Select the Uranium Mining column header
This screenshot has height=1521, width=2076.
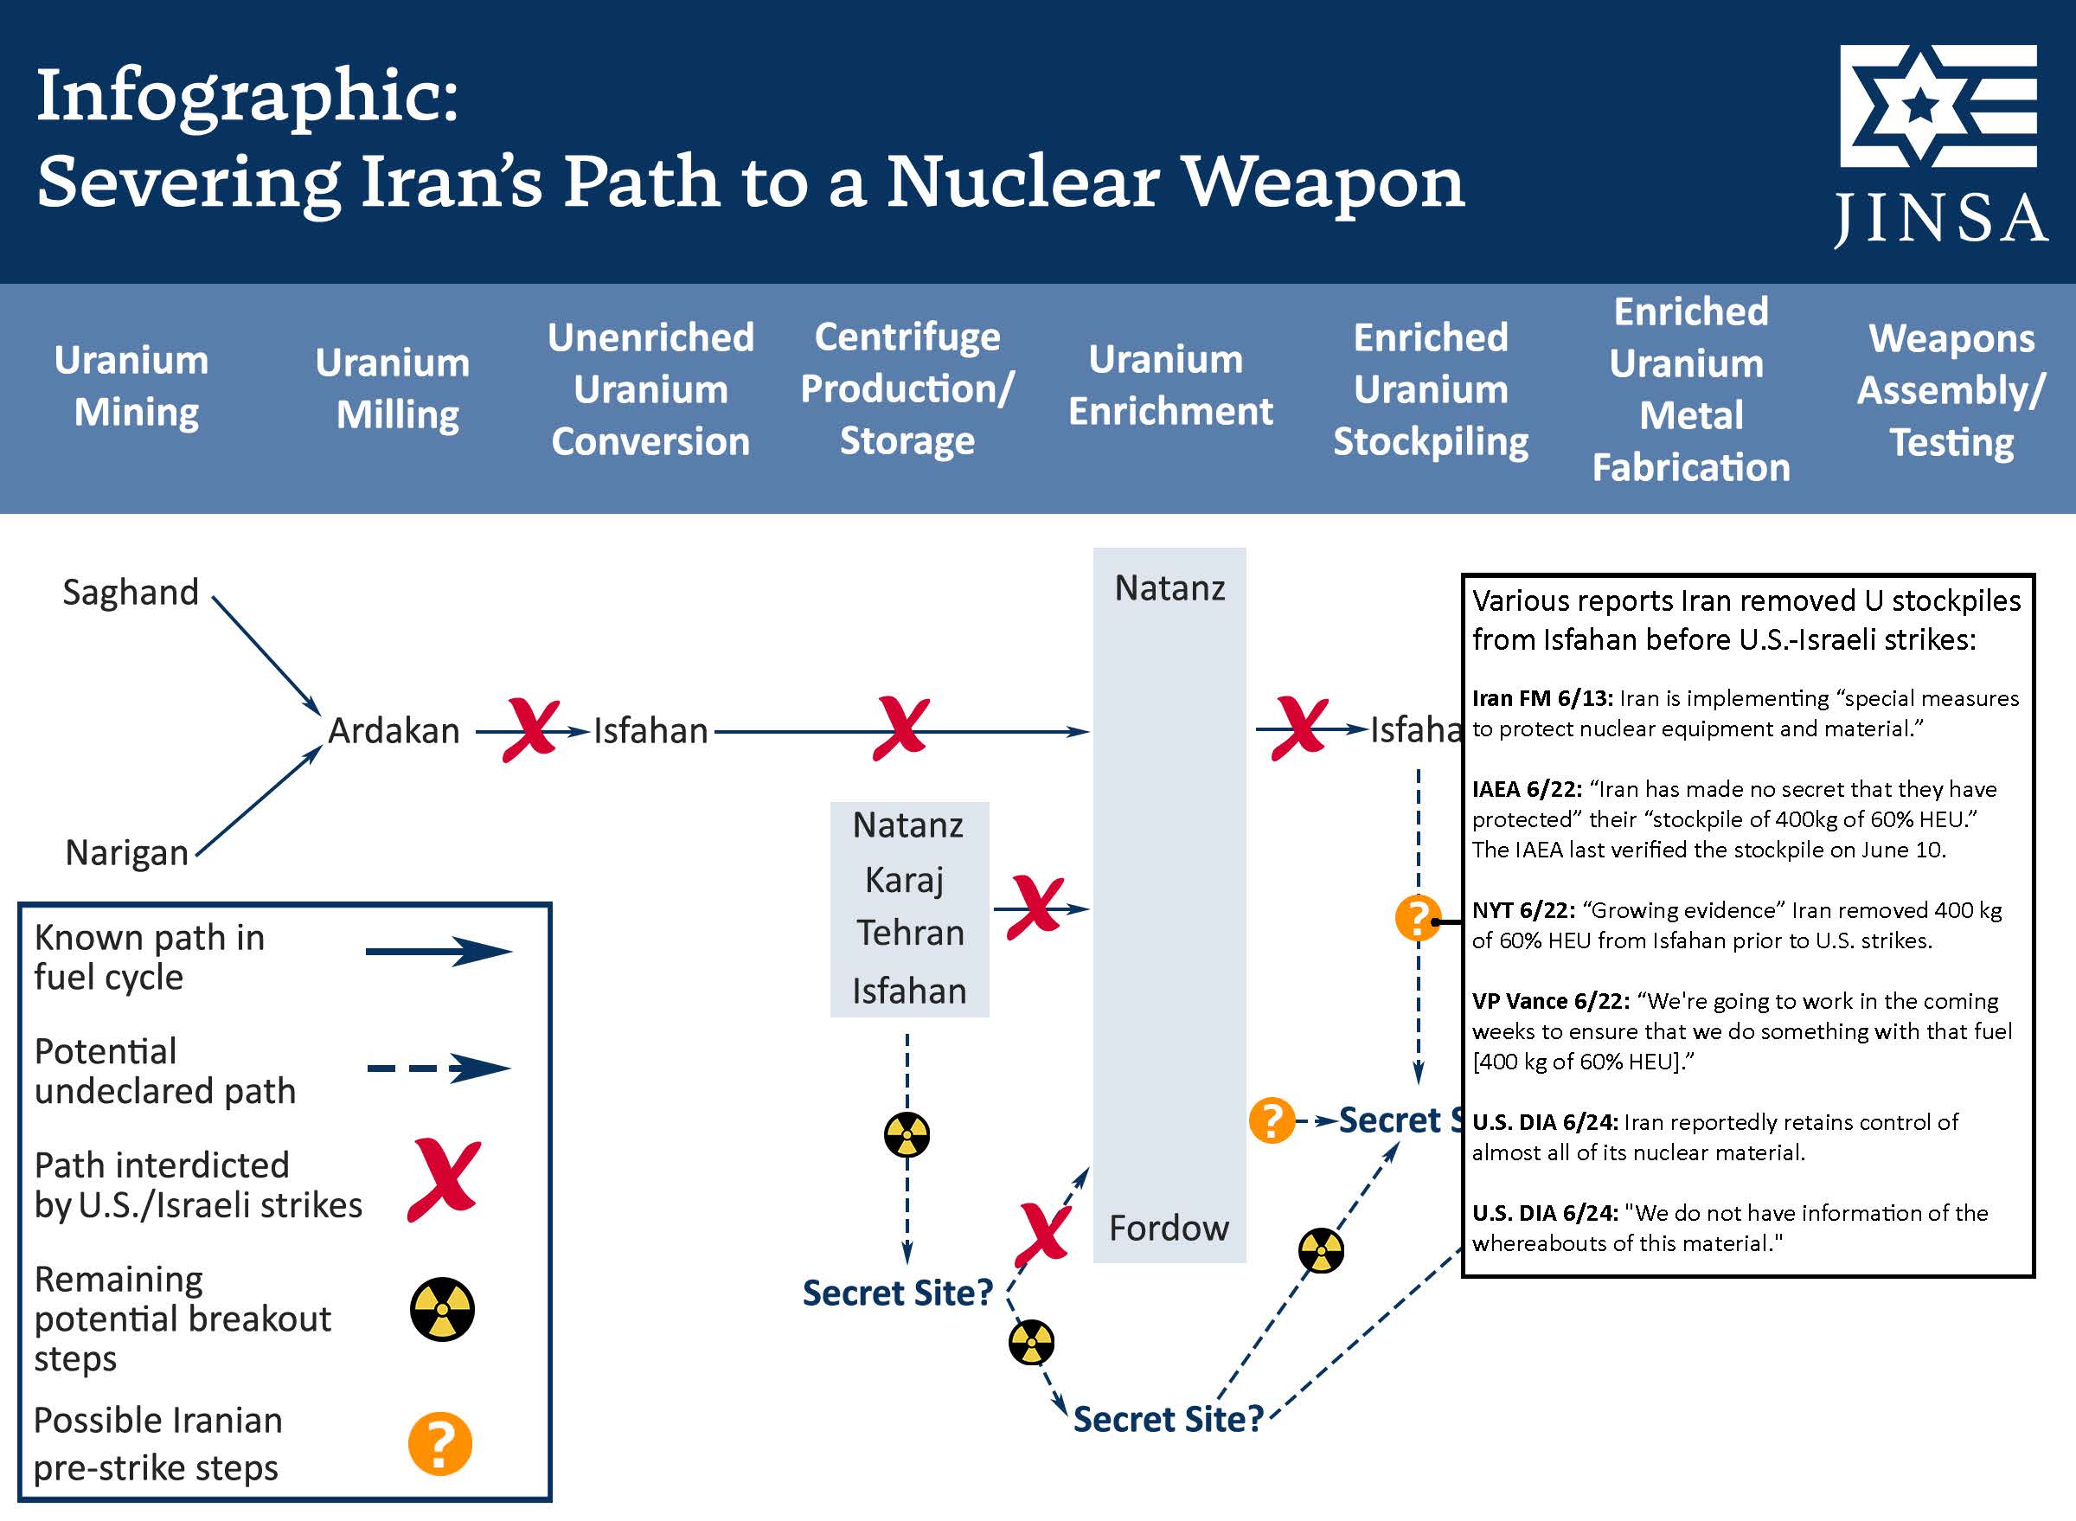point(132,386)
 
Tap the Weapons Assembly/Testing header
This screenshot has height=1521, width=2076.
point(1951,390)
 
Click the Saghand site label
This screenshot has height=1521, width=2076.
point(131,592)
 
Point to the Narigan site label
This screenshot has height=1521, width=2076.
point(127,852)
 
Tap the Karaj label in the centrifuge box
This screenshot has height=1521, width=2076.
point(905,880)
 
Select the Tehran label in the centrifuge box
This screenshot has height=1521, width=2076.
point(910,934)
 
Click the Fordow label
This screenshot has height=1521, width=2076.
point(1169,1229)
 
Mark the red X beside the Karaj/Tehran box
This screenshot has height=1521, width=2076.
point(1035,908)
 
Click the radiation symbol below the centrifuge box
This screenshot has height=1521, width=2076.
point(907,1134)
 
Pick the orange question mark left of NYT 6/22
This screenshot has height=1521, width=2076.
point(1417,918)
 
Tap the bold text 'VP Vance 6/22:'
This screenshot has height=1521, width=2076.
point(1550,1002)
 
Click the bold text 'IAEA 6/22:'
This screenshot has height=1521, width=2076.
point(1527,790)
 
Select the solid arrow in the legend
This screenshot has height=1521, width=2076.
point(439,952)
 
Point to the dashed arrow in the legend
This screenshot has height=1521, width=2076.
point(439,1069)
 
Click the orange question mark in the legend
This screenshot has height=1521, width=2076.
point(440,1444)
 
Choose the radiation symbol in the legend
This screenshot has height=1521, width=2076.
point(442,1308)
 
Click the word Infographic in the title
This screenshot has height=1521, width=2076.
point(247,95)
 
